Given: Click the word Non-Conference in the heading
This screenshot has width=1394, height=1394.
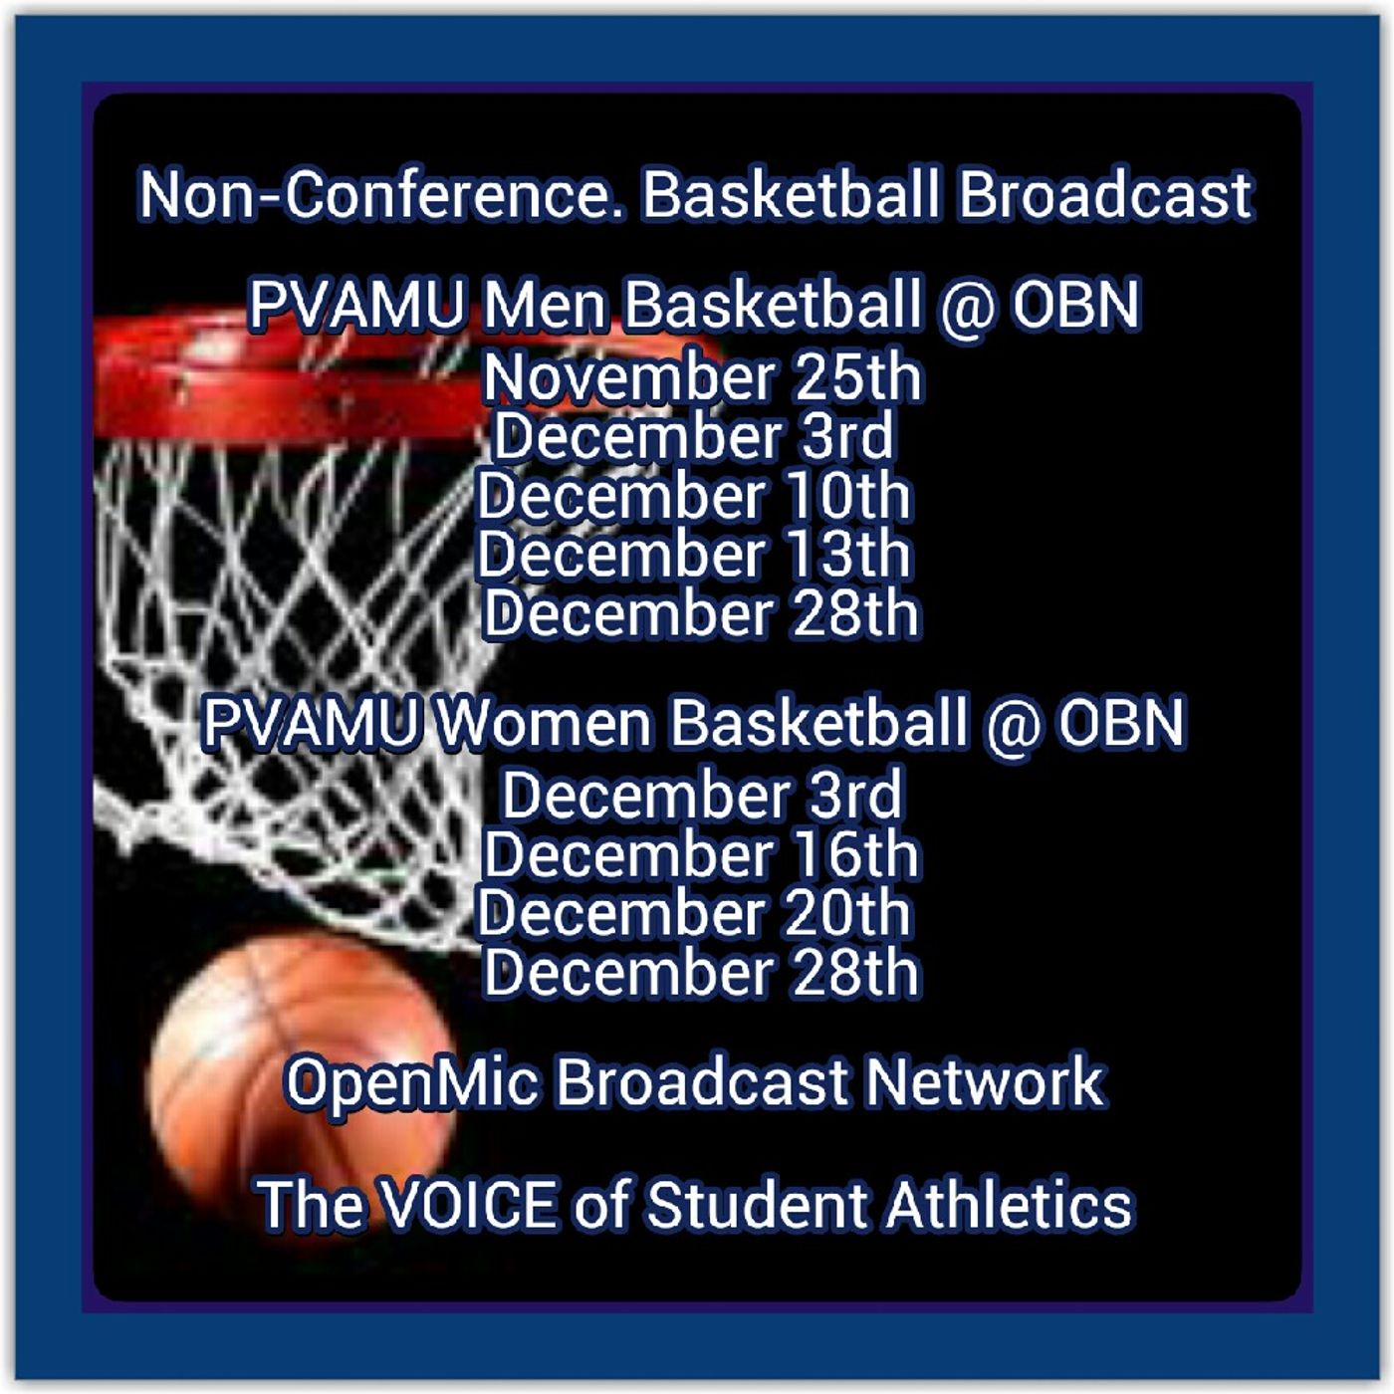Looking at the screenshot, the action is point(375,195).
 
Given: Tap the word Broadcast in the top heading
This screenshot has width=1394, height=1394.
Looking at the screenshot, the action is point(1106,194).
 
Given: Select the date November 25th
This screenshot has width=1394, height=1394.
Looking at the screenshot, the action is point(702,377).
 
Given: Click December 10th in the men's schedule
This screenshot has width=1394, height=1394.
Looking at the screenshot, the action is point(694,496).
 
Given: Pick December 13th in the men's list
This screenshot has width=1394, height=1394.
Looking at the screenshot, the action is point(694,555).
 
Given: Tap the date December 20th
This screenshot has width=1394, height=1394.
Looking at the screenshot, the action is point(694,913).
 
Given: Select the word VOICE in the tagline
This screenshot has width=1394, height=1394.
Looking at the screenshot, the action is point(470,1205).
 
